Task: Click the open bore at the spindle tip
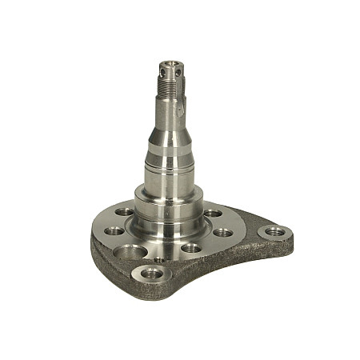tap(170, 62)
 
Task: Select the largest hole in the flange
tap(130, 254)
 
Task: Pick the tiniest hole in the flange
tap(159, 260)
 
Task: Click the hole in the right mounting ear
tap(274, 230)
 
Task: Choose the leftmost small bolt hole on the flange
tap(114, 230)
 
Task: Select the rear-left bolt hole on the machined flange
tap(123, 213)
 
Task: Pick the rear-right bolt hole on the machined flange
tap(213, 213)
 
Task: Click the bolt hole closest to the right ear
tap(223, 233)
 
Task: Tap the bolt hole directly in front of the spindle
tap(191, 248)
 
